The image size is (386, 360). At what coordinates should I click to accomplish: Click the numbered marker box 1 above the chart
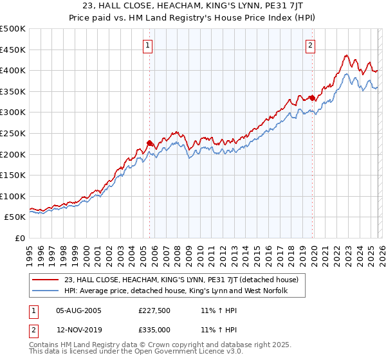coord(149,45)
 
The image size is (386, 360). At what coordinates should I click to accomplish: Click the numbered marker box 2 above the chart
coord(311,45)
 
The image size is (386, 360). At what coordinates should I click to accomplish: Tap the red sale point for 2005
coord(149,143)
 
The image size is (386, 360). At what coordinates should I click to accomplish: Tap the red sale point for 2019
coord(312,98)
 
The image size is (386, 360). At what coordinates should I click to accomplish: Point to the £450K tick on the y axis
coord(13,50)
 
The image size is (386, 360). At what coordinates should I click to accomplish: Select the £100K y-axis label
coord(13,196)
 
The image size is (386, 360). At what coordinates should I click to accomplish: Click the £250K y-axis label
coord(13,133)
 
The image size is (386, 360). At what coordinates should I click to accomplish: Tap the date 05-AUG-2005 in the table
coord(78,310)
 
